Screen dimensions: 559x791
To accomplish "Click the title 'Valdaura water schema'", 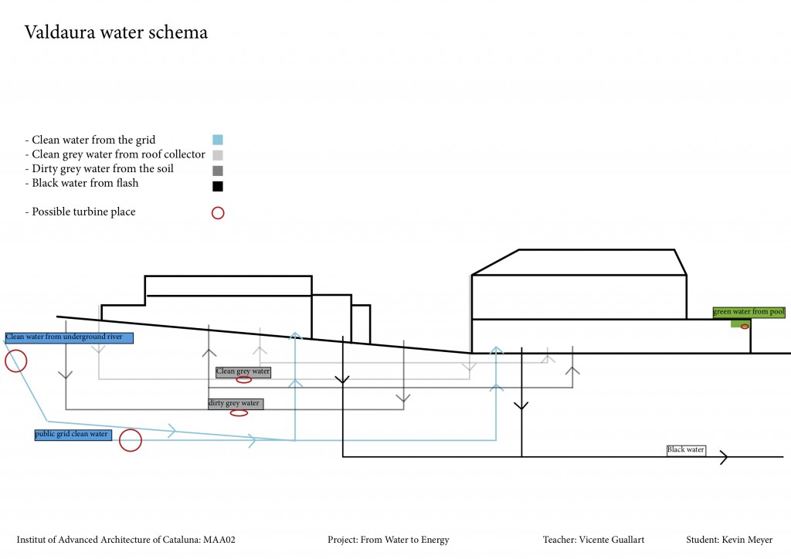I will tap(116, 32).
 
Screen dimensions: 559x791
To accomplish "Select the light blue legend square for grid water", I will tap(218, 140).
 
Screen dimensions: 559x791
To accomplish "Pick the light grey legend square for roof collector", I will tap(218, 154).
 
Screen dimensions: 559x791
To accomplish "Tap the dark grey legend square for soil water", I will tap(218, 170).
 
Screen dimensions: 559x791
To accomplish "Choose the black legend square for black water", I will tap(218, 185).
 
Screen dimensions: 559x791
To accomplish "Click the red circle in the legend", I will tap(218, 212).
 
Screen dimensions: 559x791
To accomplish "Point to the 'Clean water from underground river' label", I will tap(70, 337).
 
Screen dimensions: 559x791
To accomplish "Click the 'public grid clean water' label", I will tap(72, 435).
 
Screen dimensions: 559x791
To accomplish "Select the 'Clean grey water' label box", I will tap(243, 371).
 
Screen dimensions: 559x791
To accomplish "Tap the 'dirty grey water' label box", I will tap(236, 404).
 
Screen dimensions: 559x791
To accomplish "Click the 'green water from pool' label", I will tap(749, 312).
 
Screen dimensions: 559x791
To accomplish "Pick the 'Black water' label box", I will tap(686, 449).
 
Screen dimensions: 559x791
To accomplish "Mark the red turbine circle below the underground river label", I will tap(15, 361).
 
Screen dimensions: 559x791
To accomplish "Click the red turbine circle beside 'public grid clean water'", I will tap(131, 440).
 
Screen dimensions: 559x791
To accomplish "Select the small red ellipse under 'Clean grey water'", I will tap(244, 379).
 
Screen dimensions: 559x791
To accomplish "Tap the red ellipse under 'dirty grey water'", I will tap(239, 413).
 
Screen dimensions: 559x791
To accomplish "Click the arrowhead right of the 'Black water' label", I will tap(724, 458).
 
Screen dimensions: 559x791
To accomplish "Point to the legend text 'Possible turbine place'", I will tap(83, 212).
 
